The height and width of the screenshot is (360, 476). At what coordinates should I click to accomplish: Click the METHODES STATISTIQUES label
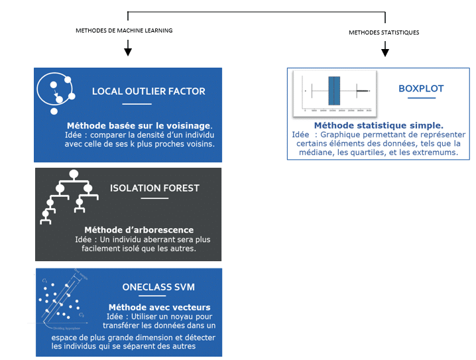click(385, 32)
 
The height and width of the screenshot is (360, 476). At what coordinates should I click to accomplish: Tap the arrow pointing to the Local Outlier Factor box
click(128, 49)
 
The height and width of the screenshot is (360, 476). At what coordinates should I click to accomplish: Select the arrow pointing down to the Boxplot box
click(385, 49)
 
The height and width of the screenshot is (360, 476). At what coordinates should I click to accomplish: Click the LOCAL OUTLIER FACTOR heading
click(149, 91)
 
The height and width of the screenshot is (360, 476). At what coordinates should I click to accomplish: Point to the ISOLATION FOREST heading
click(154, 188)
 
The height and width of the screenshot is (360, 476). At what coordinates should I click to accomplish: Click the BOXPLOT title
click(421, 88)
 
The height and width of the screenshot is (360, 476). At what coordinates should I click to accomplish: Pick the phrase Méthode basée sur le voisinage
click(140, 125)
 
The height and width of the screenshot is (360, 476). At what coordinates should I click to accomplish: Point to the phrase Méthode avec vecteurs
click(159, 307)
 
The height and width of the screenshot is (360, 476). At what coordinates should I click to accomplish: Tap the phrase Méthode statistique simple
click(379, 125)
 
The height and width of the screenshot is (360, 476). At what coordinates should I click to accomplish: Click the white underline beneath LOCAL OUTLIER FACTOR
click(137, 104)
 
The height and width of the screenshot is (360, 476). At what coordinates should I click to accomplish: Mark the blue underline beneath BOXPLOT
click(421, 99)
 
